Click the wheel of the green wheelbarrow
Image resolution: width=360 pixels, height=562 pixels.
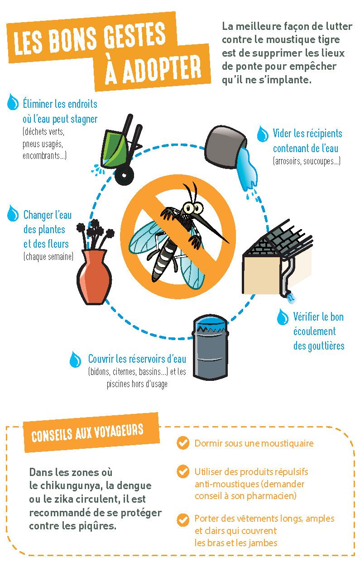click(124, 175)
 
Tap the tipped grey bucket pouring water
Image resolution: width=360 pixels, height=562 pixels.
click(225, 147)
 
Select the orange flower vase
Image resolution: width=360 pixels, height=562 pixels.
click(94, 277)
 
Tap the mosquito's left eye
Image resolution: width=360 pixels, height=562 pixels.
click(187, 208)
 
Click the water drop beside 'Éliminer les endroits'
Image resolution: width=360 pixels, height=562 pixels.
click(13, 102)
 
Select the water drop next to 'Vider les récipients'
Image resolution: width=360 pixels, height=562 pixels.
click(263, 134)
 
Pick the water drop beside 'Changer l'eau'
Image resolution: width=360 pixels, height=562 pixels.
click(13, 213)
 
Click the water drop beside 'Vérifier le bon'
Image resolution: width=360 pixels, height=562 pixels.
click(283, 317)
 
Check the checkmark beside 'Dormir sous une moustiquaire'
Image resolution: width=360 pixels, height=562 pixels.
click(183, 443)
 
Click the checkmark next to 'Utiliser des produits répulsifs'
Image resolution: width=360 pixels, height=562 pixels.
click(183, 471)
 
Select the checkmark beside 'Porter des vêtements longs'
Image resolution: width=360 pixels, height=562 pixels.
click(183, 519)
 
